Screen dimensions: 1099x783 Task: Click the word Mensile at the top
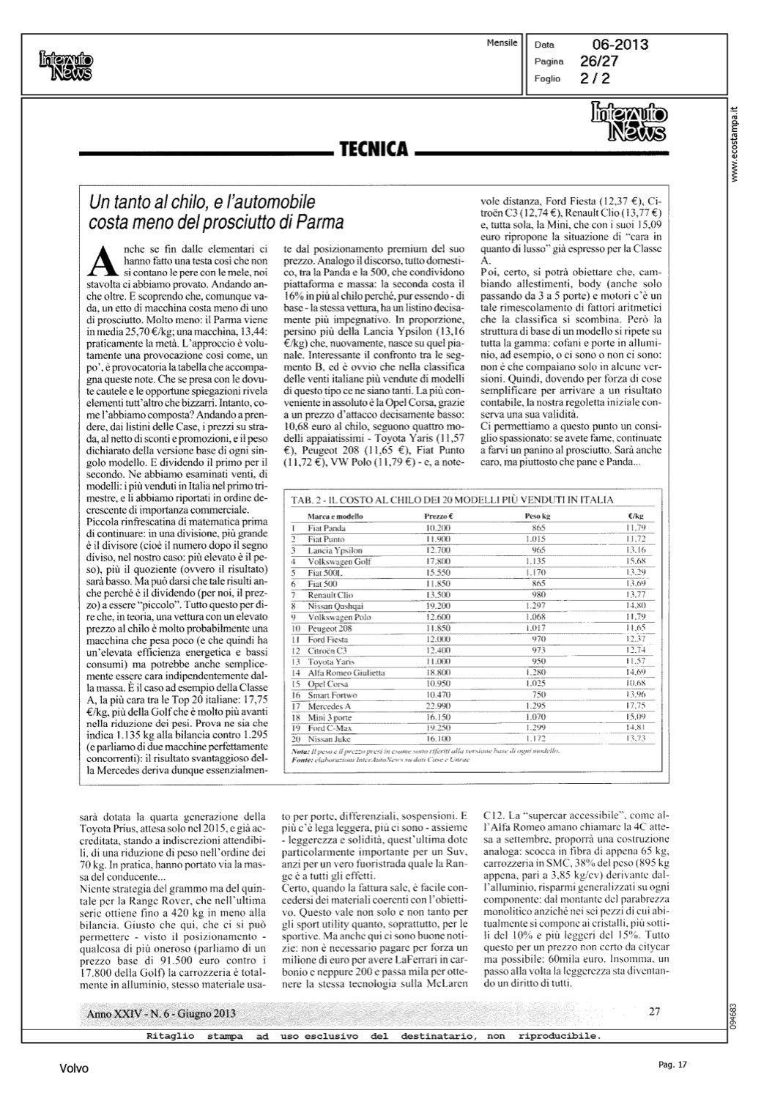[x=502, y=43]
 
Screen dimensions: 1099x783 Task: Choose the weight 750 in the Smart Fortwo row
[x=539, y=694]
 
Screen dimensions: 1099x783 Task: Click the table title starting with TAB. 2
[x=453, y=500]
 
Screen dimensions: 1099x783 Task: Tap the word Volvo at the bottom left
[x=74, y=1069]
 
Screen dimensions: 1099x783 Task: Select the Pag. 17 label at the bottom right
[x=672, y=1064]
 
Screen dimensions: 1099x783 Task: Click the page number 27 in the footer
[x=655, y=1012]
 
